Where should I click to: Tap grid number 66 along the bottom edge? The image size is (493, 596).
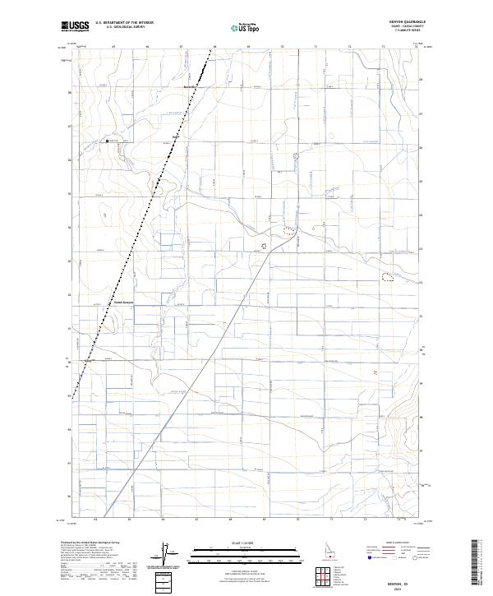[x=164, y=520]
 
